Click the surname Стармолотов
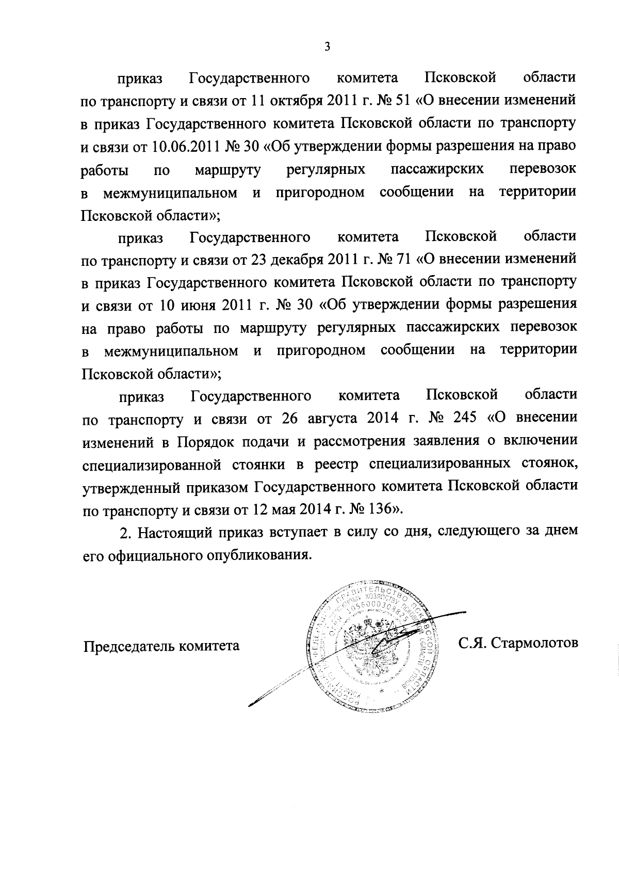(534, 643)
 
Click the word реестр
(335, 464)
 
